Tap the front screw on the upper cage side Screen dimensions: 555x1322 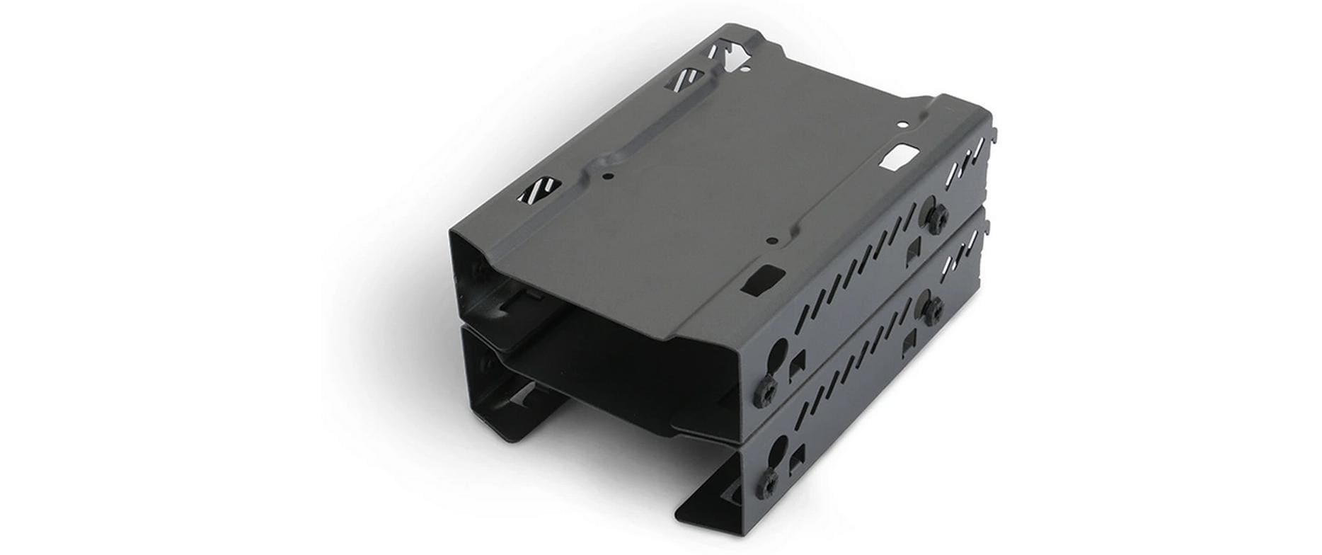pyautogui.click(x=766, y=391)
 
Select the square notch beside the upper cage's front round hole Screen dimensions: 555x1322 pyautogui.click(x=798, y=364)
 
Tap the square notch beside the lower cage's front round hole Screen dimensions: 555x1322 pyautogui.click(x=798, y=457)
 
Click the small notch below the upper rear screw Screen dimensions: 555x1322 pyautogui.click(x=914, y=248)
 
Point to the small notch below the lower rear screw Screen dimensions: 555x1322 pyautogui.click(x=911, y=342)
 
